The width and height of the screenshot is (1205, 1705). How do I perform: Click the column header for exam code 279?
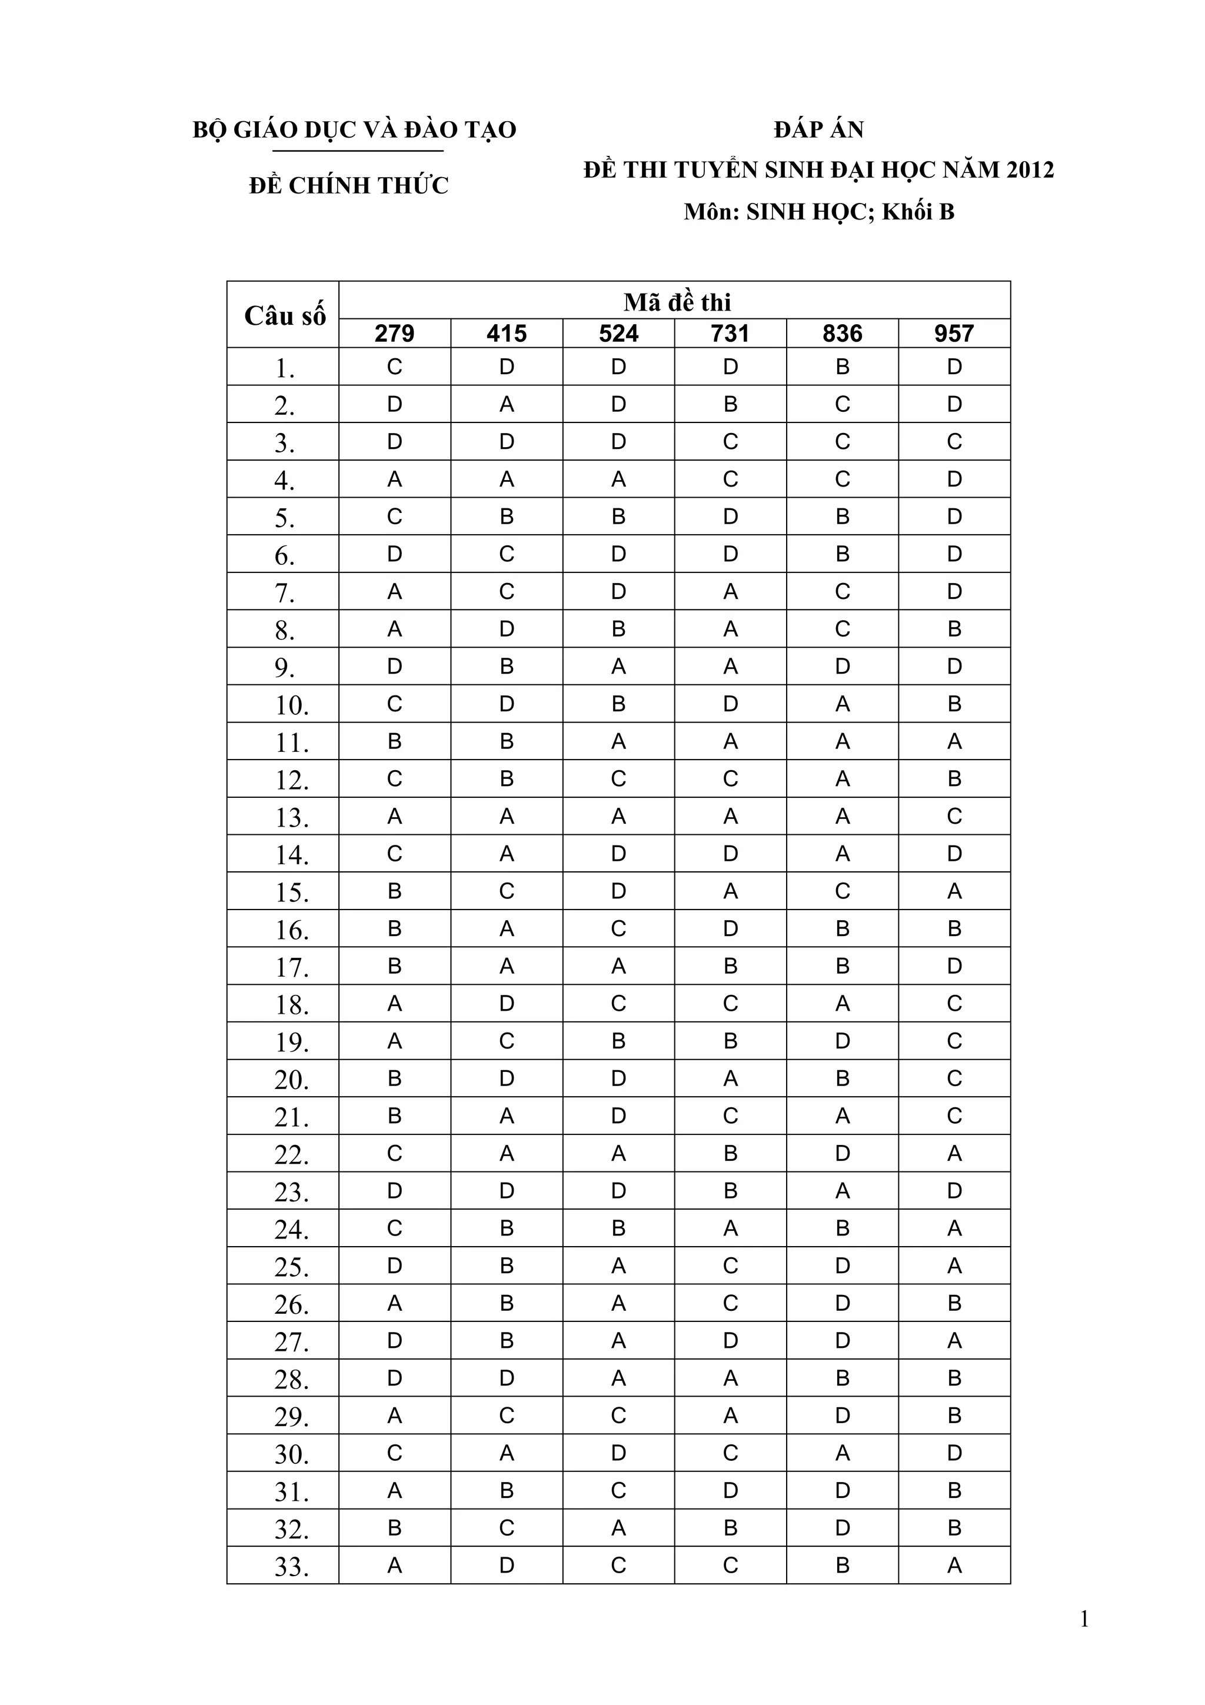(394, 334)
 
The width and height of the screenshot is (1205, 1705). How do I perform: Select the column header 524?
(618, 334)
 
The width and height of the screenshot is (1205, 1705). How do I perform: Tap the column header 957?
(954, 334)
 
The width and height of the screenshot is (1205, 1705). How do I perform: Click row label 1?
(284, 368)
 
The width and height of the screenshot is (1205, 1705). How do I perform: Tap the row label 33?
(291, 1567)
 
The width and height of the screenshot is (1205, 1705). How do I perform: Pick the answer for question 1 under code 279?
(394, 367)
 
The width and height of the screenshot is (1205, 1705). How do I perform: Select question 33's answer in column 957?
(954, 1566)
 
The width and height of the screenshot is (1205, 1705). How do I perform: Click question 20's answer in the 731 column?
(731, 1078)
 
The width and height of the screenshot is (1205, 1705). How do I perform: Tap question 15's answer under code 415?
(507, 891)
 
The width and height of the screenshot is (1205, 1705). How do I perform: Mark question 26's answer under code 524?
(618, 1303)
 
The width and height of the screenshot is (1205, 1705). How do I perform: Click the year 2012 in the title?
(1030, 170)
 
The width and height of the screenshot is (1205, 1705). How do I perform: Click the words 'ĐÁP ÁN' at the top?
(818, 130)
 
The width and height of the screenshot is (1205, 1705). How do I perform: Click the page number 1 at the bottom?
(1084, 1620)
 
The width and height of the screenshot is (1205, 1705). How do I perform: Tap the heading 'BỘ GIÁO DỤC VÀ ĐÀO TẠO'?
(354, 130)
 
